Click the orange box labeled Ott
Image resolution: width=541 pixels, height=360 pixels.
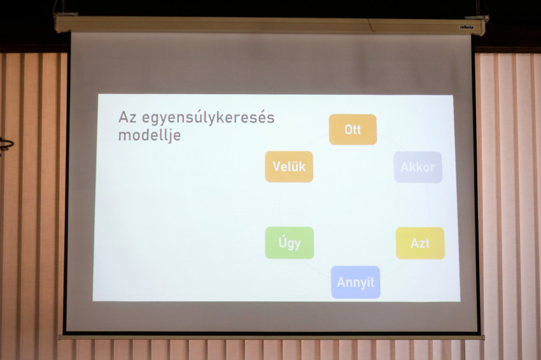pyautogui.click(x=353, y=130)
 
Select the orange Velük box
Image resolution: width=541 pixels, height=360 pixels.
pyautogui.click(x=289, y=167)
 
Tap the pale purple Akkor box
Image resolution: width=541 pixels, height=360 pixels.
pyautogui.click(x=418, y=167)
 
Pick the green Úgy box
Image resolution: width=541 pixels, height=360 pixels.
pyautogui.click(x=290, y=243)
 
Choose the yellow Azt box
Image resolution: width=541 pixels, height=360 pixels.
pyautogui.click(x=420, y=243)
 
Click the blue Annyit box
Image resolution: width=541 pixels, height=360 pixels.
pyautogui.click(x=355, y=282)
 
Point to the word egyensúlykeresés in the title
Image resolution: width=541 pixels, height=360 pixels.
pyautogui.click(x=208, y=118)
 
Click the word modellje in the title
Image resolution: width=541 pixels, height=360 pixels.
pyautogui.click(x=150, y=135)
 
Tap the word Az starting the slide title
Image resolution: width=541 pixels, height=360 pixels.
pyautogui.click(x=128, y=117)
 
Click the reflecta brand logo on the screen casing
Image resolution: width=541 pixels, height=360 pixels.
pyautogui.click(x=467, y=27)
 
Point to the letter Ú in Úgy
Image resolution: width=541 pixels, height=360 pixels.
pyautogui.click(x=283, y=242)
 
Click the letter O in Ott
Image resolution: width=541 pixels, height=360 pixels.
pyautogui.click(x=349, y=130)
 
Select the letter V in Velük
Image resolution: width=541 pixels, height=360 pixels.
pyautogui.click(x=277, y=167)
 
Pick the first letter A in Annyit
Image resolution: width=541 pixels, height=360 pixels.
pyautogui.click(x=342, y=282)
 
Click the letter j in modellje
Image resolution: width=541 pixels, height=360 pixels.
pyautogui.click(x=169, y=136)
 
